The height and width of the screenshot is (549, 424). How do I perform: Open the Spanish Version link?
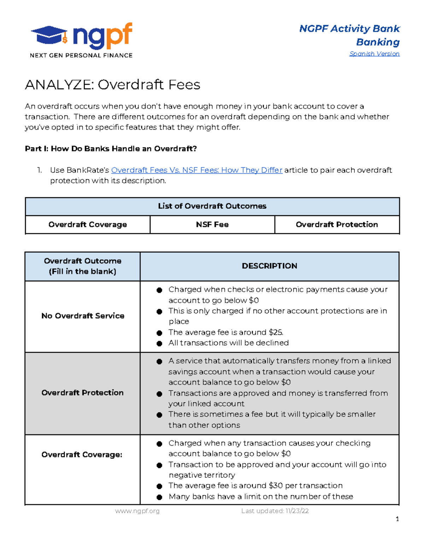374,54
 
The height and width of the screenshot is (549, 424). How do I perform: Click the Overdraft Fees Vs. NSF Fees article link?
197,170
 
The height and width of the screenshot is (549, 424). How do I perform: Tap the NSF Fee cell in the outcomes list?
212,224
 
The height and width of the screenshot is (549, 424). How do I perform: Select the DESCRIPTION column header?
269,266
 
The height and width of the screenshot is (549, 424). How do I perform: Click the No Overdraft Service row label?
83,316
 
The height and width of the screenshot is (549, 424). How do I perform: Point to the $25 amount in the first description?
275,332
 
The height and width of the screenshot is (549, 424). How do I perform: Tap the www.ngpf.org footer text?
137,511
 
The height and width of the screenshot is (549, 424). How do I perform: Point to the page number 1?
397,519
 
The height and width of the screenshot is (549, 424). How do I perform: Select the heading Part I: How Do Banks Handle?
111,148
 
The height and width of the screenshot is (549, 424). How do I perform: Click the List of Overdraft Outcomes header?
212,206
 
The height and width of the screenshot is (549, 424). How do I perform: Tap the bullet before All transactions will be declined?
159,343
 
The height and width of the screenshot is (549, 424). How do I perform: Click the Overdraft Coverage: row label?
82,455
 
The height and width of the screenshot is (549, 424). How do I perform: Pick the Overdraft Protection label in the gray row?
82,393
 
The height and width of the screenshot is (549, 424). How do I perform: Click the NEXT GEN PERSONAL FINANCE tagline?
81,55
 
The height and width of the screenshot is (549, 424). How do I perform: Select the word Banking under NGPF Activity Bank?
378,42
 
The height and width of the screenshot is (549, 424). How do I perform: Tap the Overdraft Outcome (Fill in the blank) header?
82,266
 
